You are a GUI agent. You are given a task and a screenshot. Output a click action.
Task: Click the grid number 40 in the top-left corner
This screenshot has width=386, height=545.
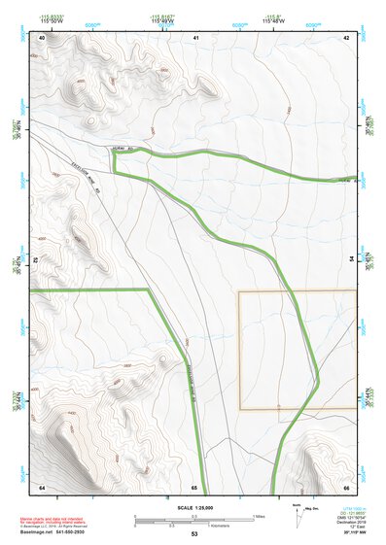point(42,37)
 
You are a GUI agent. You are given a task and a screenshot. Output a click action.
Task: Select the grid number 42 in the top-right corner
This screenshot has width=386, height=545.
point(346,37)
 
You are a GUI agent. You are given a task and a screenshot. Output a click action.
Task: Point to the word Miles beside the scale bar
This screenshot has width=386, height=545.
point(259,515)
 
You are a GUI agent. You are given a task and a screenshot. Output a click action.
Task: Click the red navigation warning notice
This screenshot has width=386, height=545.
point(53,521)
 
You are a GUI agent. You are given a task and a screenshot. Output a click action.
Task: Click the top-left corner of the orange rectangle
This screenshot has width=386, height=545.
point(240,291)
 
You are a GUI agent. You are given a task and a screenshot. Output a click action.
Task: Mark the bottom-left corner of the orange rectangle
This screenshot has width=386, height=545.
point(240,409)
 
